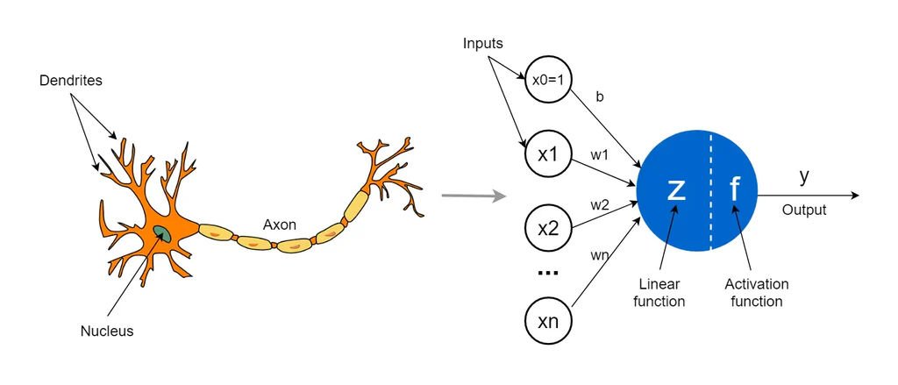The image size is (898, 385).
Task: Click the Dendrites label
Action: point(71,81)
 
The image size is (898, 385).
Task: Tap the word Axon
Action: point(279,225)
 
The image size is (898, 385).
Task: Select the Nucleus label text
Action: point(107,331)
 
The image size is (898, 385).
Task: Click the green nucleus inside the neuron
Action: point(163,232)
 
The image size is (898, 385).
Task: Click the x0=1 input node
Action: point(548,80)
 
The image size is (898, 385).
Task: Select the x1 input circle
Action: point(548,153)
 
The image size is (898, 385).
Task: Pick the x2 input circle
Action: point(548,228)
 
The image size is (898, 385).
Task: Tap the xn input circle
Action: point(548,322)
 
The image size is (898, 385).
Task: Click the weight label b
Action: point(600,97)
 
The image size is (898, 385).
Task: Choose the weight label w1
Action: point(599,155)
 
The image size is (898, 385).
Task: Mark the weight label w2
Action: point(599,204)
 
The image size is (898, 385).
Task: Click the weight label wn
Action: point(599,255)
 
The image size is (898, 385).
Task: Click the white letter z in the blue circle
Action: point(676,189)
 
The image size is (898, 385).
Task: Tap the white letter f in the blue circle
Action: point(735,189)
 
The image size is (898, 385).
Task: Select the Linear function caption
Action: point(659,293)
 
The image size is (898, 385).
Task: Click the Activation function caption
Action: point(757,293)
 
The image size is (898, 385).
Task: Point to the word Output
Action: point(804,210)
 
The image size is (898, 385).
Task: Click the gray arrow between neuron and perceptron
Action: point(474,195)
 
